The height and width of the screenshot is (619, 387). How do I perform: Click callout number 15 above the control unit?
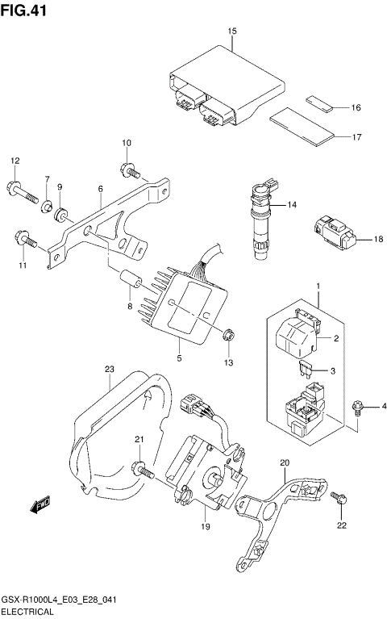pyautogui.click(x=232, y=31)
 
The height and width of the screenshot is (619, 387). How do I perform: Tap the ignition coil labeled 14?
pyautogui.click(x=261, y=223)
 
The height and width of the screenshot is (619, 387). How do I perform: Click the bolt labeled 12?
pyautogui.click(x=24, y=192)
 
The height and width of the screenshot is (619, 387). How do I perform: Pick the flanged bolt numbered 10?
pyautogui.click(x=128, y=169)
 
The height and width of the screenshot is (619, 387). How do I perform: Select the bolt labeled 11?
pyautogui.click(x=24, y=239)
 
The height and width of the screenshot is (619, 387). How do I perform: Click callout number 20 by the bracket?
pyautogui.click(x=283, y=462)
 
